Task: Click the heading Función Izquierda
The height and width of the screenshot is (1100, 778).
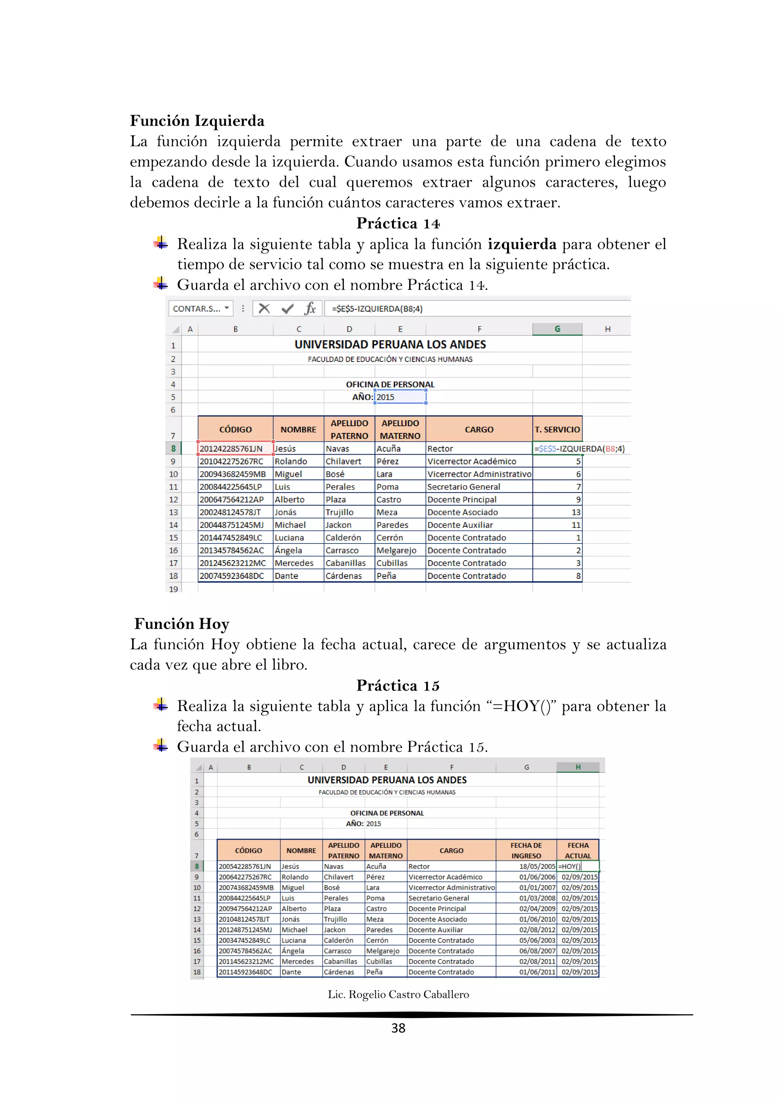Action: tap(197, 121)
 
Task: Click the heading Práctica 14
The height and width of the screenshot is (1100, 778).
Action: tap(398, 223)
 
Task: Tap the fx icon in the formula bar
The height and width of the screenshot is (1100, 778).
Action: tap(310, 308)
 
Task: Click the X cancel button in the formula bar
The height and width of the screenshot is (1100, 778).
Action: tap(264, 308)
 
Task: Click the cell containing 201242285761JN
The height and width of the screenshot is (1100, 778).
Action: tap(231, 449)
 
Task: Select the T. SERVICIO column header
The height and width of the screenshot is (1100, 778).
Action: tap(557, 429)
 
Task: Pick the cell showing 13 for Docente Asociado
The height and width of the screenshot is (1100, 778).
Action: tap(557, 512)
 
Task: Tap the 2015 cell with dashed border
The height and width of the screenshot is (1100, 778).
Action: tap(400, 397)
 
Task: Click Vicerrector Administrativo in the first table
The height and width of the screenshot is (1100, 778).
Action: tap(479, 474)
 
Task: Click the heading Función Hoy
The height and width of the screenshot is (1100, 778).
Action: tap(182, 624)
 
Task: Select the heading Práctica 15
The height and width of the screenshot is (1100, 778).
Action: tap(398, 686)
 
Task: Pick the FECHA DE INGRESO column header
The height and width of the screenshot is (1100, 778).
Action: tap(526, 850)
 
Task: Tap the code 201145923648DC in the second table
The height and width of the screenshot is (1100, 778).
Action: tap(245, 972)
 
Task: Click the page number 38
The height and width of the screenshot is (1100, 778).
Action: tap(398, 1028)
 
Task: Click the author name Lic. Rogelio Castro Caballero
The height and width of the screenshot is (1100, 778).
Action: tap(398, 995)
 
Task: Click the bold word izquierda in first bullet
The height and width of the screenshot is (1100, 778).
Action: tap(522, 244)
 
